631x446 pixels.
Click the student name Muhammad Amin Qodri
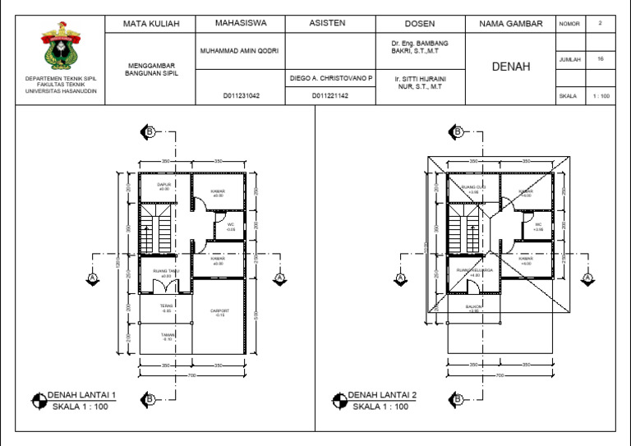click(240, 51)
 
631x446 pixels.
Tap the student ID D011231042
click(240, 96)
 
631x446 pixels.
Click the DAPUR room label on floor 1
click(164, 185)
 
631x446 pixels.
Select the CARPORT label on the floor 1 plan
click(219, 310)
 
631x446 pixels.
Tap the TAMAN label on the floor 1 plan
click(167, 335)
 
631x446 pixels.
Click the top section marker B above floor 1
click(150, 131)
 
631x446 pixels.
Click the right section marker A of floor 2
click(587, 278)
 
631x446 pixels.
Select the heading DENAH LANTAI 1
click(81, 395)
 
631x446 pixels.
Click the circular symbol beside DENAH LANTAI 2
click(339, 401)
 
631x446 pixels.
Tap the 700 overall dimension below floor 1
click(192, 375)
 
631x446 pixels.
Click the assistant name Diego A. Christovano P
click(331, 79)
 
